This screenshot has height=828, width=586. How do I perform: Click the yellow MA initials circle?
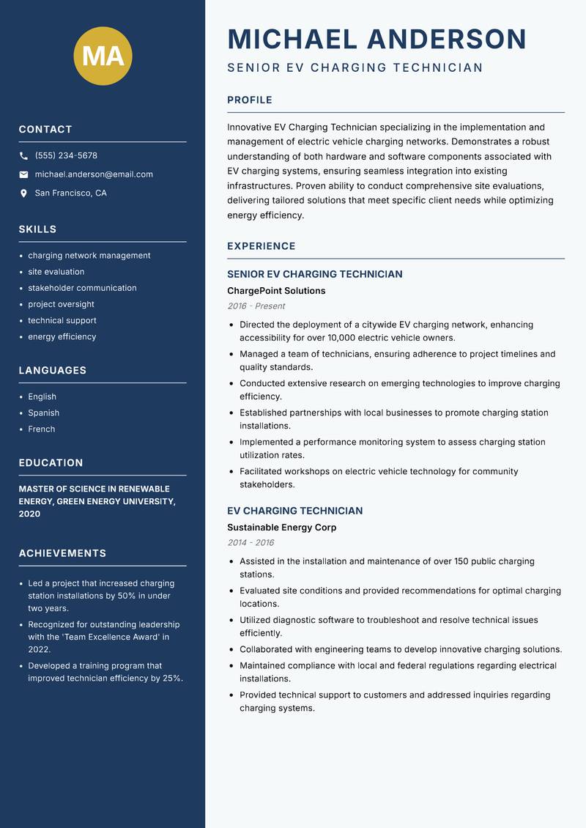(x=103, y=56)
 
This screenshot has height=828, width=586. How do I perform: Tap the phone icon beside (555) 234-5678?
(x=23, y=156)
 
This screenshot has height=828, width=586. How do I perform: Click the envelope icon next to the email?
(x=23, y=174)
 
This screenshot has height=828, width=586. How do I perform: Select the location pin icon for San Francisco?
(x=23, y=193)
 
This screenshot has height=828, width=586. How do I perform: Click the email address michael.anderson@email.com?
(x=94, y=174)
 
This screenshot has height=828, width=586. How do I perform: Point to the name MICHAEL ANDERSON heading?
(x=377, y=39)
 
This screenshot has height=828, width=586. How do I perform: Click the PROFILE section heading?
(x=249, y=100)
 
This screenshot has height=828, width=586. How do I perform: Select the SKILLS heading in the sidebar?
(x=37, y=229)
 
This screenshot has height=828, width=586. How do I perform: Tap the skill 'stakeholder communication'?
(x=82, y=288)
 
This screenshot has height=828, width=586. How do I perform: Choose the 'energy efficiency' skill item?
(x=62, y=337)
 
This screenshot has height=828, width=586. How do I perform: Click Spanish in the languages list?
(x=43, y=413)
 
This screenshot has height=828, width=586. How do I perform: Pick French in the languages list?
(x=41, y=429)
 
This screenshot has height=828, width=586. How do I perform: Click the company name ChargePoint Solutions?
(x=276, y=291)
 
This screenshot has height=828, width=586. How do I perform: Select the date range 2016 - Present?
(x=256, y=306)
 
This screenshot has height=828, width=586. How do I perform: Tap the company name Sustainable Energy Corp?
(x=281, y=528)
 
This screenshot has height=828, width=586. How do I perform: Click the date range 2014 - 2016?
(x=251, y=543)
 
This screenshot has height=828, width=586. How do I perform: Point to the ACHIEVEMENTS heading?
(x=62, y=553)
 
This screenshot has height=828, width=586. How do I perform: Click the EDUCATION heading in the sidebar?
(x=51, y=463)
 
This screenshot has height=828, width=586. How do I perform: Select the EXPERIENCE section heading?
(x=261, y=246)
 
